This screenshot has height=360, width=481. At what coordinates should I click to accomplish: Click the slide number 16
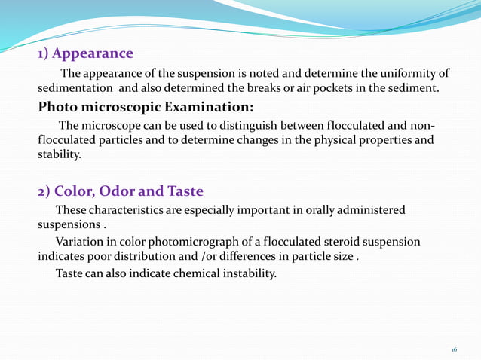coord(455,350)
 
